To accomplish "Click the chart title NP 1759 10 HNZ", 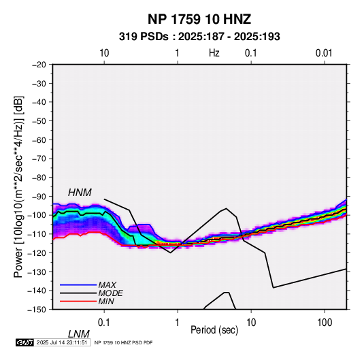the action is (x=199, y=19).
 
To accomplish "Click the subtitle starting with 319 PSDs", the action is (x=199, y=37).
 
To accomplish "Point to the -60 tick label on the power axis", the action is (x=39, y=140).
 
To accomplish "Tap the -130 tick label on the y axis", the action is (x=37, y=272).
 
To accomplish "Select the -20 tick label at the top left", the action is (x=39, y=65).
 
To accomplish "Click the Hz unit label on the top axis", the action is (x=214, y=53).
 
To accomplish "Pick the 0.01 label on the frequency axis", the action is (x=324, y=53).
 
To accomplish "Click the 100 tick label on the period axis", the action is (x=325, y=323).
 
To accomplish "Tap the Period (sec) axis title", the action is (x=214, y=330).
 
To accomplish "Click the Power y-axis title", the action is (x=18, y=186).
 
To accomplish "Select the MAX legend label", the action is (x=107, y=285).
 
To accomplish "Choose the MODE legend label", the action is (x=110, y=293).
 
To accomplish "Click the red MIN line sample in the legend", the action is (x=78, y=301).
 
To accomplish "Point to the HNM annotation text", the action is (x=80, y=193).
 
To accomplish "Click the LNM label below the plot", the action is (x=79, y=334).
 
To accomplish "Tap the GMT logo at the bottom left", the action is (x=25, y=342).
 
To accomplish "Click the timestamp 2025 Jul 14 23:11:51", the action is (x=62, y=342).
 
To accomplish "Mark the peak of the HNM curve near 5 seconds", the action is (x=227, y=208).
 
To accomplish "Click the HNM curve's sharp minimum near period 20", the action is (x=274, y=288).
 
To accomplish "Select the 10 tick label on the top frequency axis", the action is (x=104, y=53).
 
